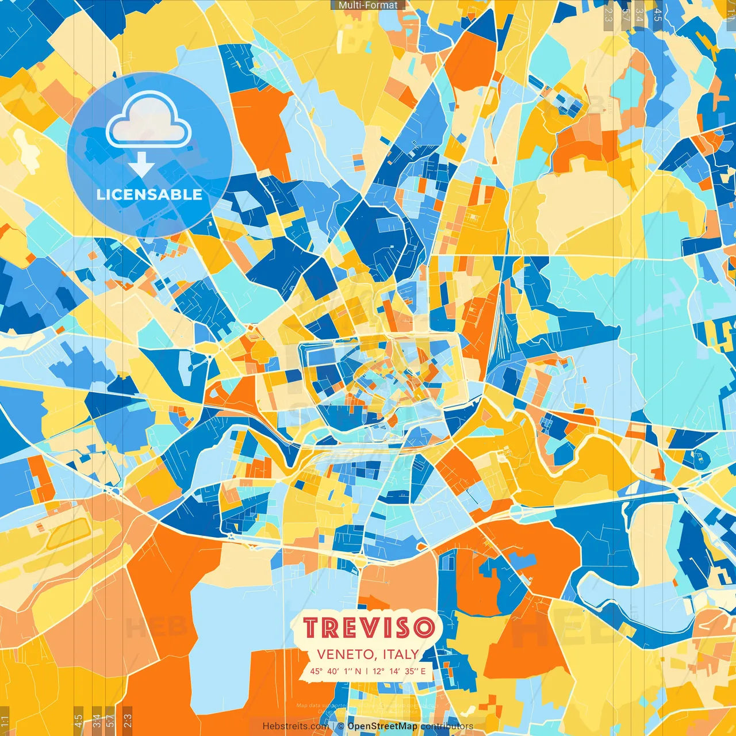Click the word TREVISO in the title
pos(369,627)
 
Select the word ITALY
pos(399,654)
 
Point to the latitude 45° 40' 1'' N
pos(336,671)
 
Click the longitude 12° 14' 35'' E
pos(399,671)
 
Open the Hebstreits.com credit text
pos(296,726)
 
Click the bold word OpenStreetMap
pos(382,726)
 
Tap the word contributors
pos(447,726)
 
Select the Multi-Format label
pos(368,5)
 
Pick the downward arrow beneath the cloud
pos(141,166)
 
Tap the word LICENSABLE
pos(149,194)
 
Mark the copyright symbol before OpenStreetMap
pos(341,726)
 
